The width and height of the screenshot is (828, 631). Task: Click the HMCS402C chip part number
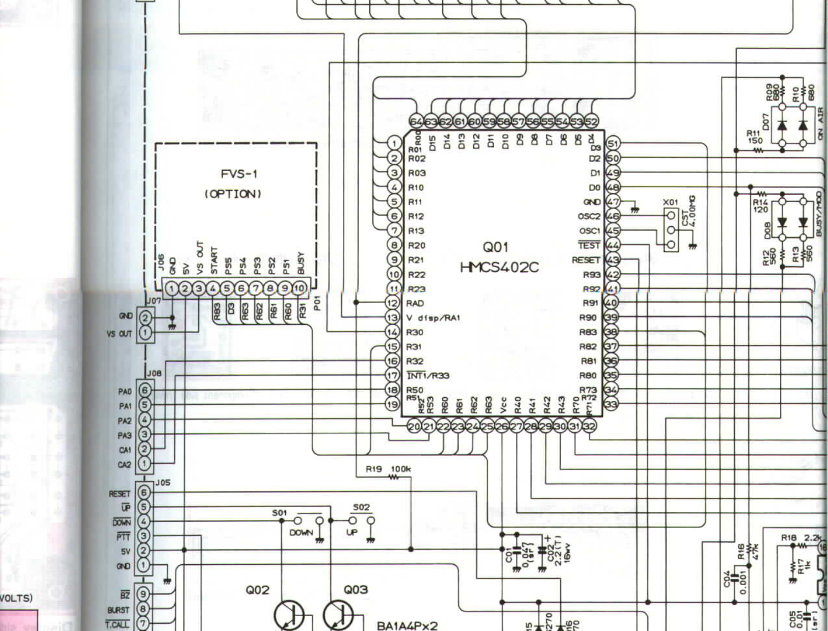499,267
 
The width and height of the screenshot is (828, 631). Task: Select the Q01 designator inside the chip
496,247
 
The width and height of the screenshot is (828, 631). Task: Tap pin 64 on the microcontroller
417,121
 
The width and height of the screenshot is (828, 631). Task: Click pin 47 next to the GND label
613,202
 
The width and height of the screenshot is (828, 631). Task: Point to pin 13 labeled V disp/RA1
393,318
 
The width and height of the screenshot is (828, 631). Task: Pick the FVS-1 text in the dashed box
239,174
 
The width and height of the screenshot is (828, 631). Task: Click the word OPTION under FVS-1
233,194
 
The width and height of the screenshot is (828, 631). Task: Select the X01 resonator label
670,202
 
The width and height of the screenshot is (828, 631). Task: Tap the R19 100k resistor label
388,469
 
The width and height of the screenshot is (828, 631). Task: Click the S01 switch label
279,513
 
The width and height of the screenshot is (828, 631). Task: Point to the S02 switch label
361,507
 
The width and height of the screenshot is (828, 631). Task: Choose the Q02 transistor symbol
289,615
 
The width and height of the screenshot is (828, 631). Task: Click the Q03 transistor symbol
338,615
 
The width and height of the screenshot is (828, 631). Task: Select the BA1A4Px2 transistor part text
407,626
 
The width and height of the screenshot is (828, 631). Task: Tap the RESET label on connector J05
119,494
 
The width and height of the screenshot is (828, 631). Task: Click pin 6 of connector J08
145,391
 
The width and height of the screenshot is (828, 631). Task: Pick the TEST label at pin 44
589,245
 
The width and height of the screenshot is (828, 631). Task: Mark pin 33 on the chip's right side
612,405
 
